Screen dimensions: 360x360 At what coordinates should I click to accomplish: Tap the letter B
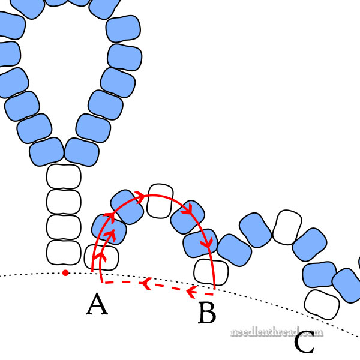pyautogui.click(x=206, y=313)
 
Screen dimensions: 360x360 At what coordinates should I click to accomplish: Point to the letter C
pyautogui.click(x=304, y=343)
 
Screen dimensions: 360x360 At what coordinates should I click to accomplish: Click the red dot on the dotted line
pyautogui.click(x=65, y=274)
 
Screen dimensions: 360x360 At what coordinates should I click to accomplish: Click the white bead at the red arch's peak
pyautogui.click(x=159, y=200)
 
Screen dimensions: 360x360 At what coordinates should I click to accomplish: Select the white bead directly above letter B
pyautogui.click(x=211, y=272)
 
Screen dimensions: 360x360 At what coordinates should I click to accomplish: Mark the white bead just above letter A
pyautogui.click(x=101, y=257)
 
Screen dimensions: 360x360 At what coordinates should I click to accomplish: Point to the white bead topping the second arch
pyautogui.click(x=287, y=227)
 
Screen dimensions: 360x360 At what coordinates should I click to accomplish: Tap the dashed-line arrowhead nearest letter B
pyautogui.click(x=191, y=292)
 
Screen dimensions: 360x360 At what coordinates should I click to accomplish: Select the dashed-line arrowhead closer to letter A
pyautogui.click(x=145, y=283)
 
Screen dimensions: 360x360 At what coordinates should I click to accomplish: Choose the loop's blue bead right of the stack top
pyautogui.click(x=82, y=152)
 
